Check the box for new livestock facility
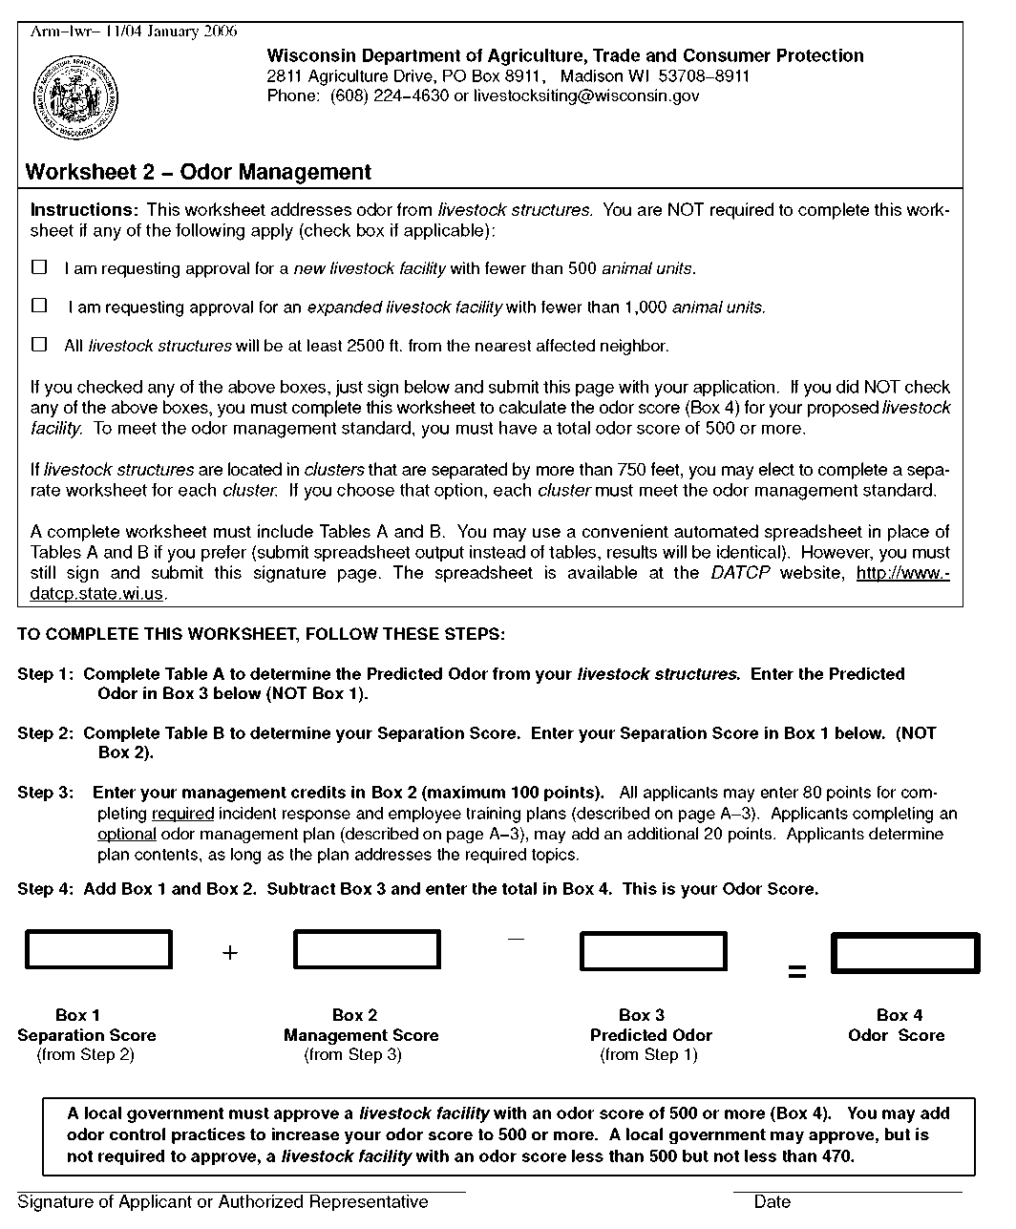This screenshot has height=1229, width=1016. click(39, 267)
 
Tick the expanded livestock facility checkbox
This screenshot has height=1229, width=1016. click(39, 306)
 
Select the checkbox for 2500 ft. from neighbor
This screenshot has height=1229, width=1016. click(39, 345)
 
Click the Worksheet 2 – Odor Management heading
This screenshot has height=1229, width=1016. click(198, 173)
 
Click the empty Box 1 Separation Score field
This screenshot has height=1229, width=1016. click(98, 950)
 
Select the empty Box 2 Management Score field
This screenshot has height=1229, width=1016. click(367, 950)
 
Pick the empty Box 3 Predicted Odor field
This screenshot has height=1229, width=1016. click(653, 950)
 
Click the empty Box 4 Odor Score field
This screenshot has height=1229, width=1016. click(905, 953)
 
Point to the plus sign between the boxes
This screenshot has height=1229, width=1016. click(230, 952)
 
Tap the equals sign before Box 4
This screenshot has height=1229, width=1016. click(796, 973)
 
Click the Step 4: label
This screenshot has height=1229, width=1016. click(46, 889)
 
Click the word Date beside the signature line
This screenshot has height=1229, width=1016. click(772, 1202)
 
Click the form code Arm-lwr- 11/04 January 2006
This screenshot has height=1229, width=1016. click(134, 32)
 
